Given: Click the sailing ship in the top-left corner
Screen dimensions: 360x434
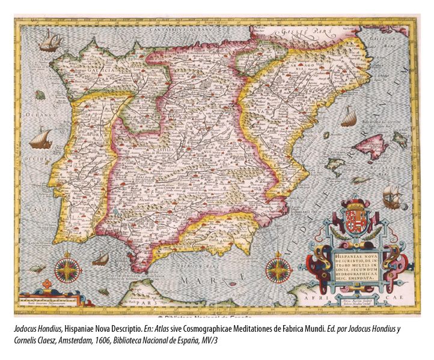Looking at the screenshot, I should coord(50,41).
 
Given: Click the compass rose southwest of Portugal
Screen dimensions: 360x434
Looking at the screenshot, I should coord(68,269).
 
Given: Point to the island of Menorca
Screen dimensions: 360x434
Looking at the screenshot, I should coord(399,139).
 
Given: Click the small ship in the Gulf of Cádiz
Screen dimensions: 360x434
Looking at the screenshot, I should coord(101,259).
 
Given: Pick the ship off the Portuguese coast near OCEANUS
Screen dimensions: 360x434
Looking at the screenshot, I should coord(40,138).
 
